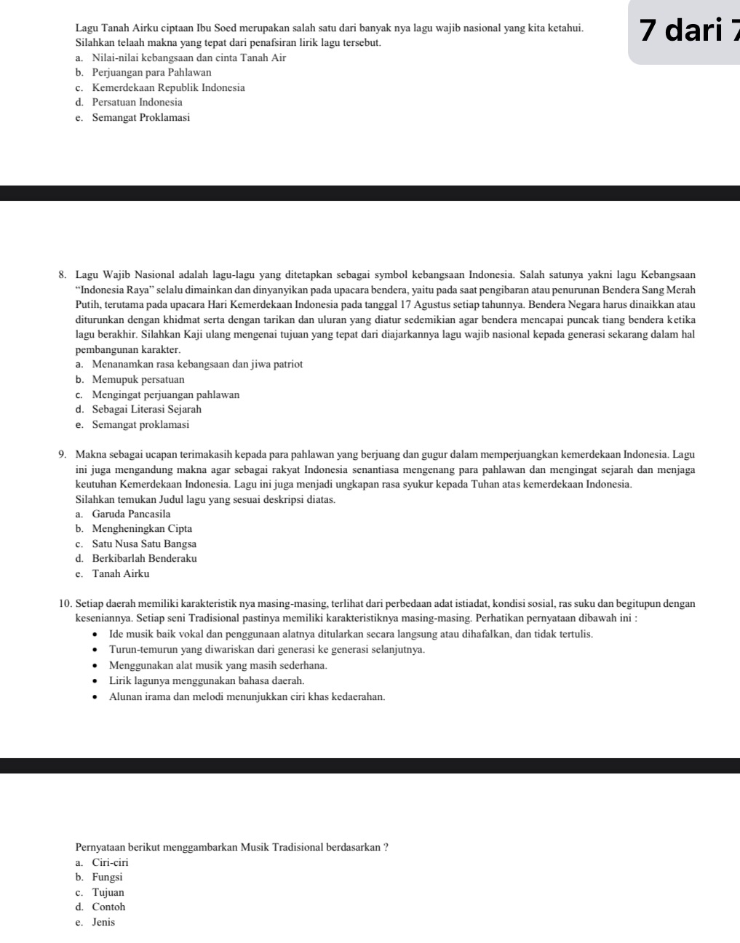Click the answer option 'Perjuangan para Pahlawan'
(151, 73)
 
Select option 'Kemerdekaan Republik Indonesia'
(168, 87)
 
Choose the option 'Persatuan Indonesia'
(138, 103)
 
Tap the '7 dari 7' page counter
(688, 31)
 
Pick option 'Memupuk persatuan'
(138, 380)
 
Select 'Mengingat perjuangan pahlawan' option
(165, 395)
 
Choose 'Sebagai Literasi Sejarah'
(146, 410)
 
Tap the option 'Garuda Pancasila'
(131, 514)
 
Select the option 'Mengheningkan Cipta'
(142, 529)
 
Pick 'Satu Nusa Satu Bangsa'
(144, 544)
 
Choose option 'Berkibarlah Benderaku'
(144, 559)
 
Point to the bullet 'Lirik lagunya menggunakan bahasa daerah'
(207, 681)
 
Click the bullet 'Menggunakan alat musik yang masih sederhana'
(218, 666)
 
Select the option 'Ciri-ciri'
(110, 863)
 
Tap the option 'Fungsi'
(107, 878)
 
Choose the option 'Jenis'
(103, 923)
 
